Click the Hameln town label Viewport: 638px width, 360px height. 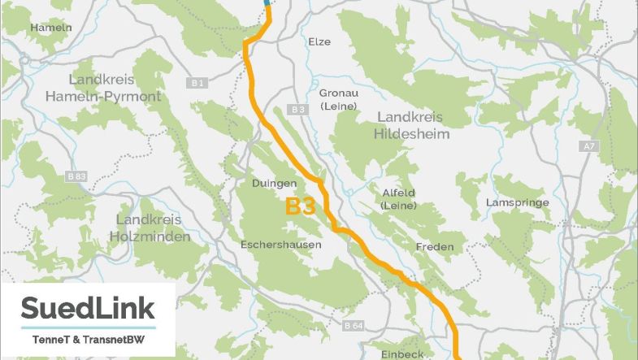[x=51, y=27]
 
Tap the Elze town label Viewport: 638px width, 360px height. [x=319, y=41]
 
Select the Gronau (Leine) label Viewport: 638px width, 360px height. [x=333, y=99]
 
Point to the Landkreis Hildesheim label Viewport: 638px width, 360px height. [x=412, y=125]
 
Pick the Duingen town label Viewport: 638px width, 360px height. [x=273, y=184]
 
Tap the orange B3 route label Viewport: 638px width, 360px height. [x=300, y=206]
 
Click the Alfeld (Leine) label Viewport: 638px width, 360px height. [x=398, y=199]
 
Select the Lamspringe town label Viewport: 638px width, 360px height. [x=516, y=202]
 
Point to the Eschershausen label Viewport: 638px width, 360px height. [x=280, y=245]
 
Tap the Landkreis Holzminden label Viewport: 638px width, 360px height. [x=152, y=228]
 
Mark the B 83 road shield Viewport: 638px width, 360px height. [x=77, y=176]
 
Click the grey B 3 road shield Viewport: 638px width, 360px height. [x=297, y=109]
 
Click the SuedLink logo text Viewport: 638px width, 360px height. [x=88, y=309]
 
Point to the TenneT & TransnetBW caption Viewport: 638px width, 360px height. [x=87, y=338]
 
